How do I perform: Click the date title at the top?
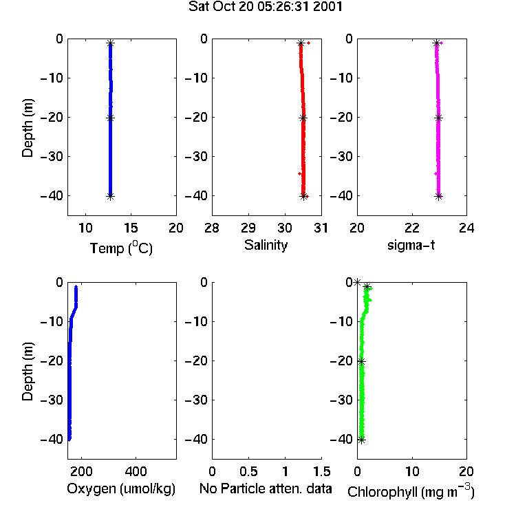(266, 7)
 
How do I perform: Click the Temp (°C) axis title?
(121, 248)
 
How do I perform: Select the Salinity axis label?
(266, 245)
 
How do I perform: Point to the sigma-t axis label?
(411, 245)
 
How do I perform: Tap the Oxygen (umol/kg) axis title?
(121, 488)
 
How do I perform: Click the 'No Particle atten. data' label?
(266, 488)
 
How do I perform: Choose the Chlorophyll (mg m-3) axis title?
(411, 491)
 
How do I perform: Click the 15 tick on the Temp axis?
(131, 228)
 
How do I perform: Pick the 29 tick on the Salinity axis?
(248, 228)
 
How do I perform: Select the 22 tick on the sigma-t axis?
(412, 228)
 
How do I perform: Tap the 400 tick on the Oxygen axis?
(136, 471)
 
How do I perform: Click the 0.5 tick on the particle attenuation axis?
(248, 471)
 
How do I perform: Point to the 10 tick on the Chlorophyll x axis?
(412, 471)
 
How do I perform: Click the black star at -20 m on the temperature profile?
(110, 118)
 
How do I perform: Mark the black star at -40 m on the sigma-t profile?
(439, 197)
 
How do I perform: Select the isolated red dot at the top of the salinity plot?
(309, 43)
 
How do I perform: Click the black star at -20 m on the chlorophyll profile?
(361, 362)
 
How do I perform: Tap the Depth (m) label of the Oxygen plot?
(28, 372)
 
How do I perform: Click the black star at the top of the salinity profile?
(301, 43)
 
